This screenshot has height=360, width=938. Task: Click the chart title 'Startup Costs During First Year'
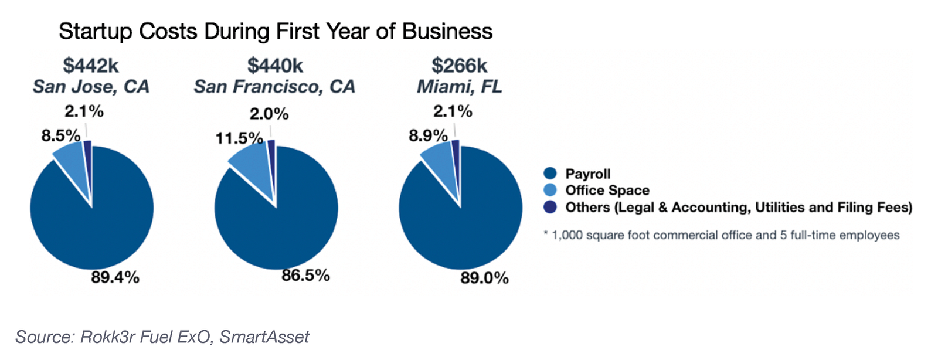click(276, 32)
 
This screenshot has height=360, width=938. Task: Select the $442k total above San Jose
click(91, 66)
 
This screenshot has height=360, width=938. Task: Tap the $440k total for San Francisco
click(275, 66)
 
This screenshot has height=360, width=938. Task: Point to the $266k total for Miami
click(460, 66)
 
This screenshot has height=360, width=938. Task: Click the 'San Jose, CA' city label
click(91, 87)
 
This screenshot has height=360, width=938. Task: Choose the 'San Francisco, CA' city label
click(274, 87)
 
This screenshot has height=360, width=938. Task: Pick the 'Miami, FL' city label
click(460, 87)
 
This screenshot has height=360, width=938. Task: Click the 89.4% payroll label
click(115, 277)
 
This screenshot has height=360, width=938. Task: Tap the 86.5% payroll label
click(305, 276)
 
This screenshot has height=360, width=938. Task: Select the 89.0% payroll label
click(484, 278)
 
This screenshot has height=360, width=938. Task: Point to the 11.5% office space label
click(239, 138)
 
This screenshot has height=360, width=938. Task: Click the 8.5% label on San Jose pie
click(60, 136)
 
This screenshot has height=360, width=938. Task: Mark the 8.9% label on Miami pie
click(428, 136)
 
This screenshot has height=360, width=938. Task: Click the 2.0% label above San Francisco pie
click(269, 114)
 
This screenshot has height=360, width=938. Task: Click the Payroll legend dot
click(550, 174)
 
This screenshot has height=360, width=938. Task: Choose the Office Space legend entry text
click(607, 191)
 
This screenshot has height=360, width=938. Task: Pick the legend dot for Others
click(550, 207)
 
